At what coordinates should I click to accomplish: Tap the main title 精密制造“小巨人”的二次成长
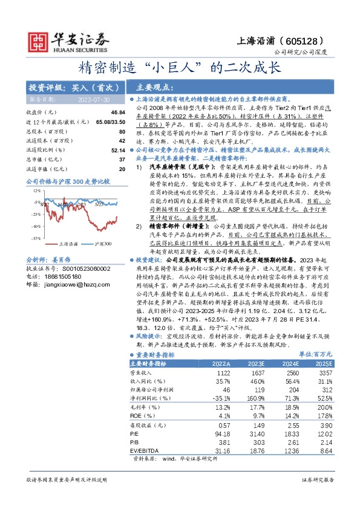click(180, 66)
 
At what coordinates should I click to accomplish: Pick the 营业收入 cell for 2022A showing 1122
click(224, 374)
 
